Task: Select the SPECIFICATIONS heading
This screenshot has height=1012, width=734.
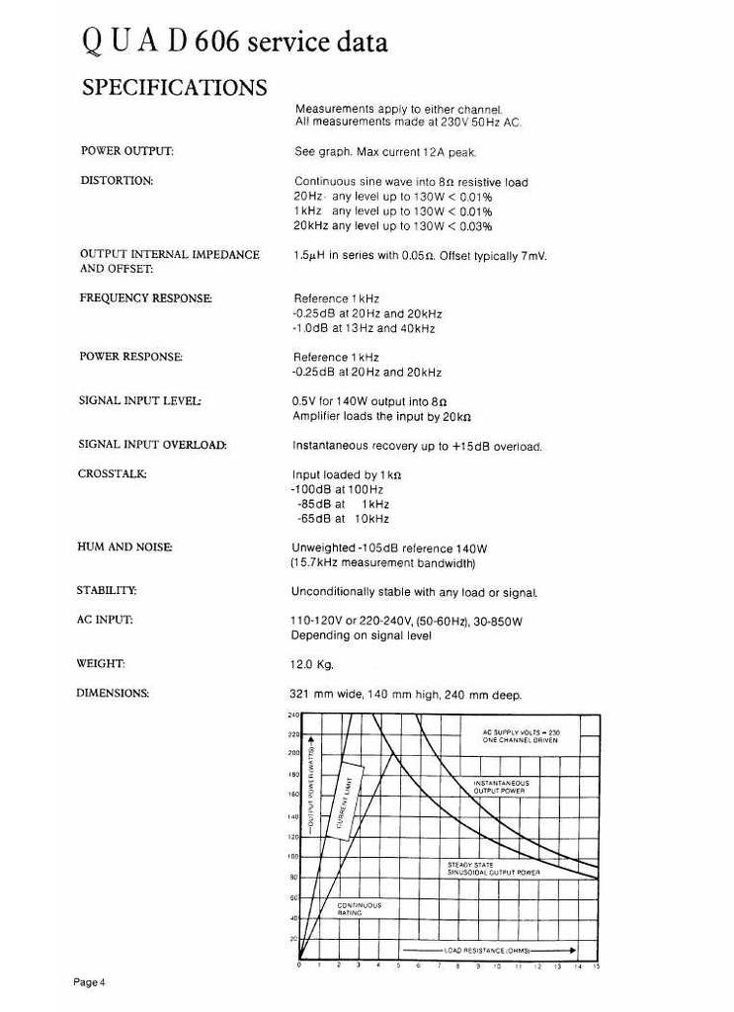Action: click(174, 87)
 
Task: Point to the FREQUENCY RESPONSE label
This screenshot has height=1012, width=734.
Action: click(145, 297)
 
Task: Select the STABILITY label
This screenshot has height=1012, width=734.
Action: click(107, 591)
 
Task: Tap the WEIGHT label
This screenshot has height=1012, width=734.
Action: click(100, 663)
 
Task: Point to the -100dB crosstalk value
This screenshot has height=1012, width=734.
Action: click(311, 489)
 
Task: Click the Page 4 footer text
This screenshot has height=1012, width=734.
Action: click(89, 981)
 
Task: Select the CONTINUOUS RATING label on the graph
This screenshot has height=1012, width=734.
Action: click(360, 908)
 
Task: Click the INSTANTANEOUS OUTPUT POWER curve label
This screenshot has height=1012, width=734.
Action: click(501, 787)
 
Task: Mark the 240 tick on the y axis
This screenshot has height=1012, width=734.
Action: click(293, 715)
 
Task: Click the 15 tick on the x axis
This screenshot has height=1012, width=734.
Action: click(596, 966)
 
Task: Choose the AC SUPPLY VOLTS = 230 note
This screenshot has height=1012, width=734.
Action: click(521, 735)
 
